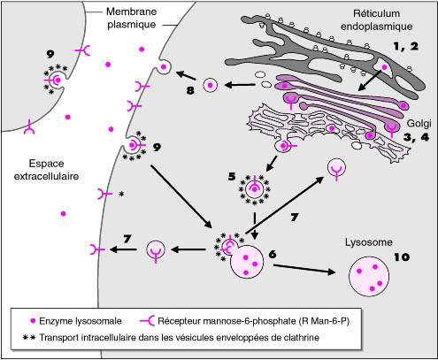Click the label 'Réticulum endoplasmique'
click(377, 20)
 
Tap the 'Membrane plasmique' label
click(131, 18)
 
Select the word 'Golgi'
click(419, 123)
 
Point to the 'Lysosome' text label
click(369, 242)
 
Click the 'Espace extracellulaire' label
click(47, 170)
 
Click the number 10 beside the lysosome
click(402, 257)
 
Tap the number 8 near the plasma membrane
click(190, 90)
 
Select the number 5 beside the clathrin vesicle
click(232, 177)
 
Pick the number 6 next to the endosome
click(273, 254)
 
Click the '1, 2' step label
click(406, 46)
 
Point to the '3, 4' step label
click(416, 137)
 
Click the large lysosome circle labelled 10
click(369, 276)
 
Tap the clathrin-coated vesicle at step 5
click(254, 189)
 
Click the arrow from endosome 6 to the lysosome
click(304, 269)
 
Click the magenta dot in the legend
click(33, 321)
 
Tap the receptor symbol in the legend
click(148, 321)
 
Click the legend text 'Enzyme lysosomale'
click(81, 321)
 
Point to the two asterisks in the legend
click(29, 338)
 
